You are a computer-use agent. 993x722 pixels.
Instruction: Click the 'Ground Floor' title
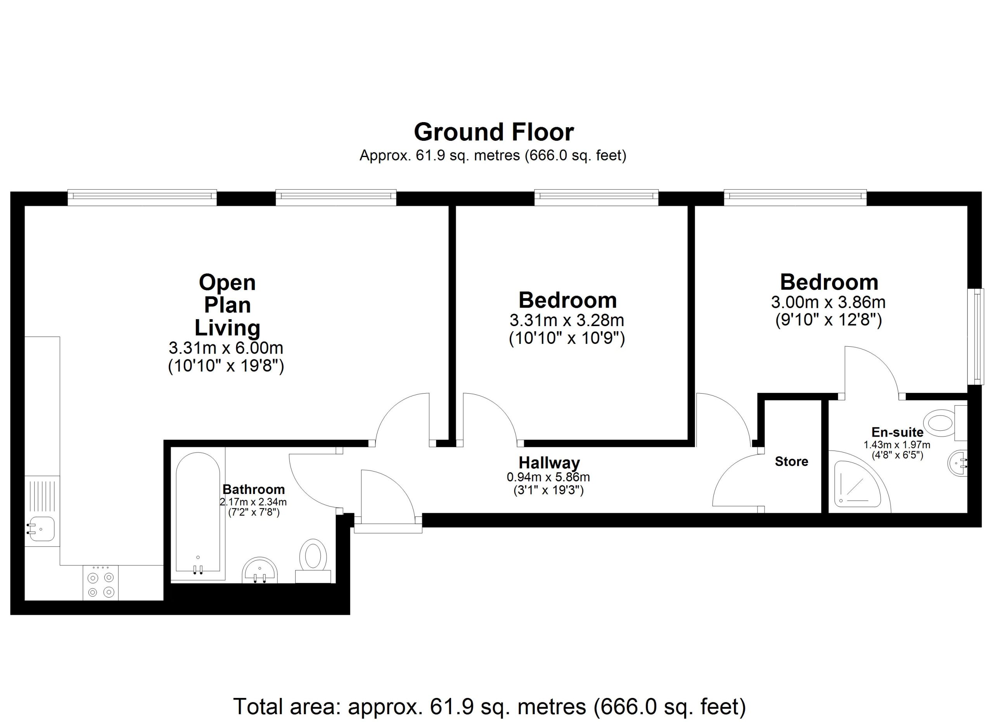(493, 132)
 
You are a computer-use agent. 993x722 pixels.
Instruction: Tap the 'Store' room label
(791, 461)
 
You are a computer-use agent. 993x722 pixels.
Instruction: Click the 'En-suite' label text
(897, 432)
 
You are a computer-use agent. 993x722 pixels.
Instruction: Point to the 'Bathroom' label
(254, 489)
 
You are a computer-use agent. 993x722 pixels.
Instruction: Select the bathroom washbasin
(259, 570)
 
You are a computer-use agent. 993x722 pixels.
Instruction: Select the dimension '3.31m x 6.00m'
(226, 348)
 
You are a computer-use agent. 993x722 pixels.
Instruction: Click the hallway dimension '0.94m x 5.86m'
(548, 477)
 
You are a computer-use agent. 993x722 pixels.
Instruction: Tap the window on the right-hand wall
(976, 337)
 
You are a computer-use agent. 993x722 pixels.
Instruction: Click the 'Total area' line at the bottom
(490, 706)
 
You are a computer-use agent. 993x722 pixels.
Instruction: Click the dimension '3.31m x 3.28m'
(567, 320)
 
